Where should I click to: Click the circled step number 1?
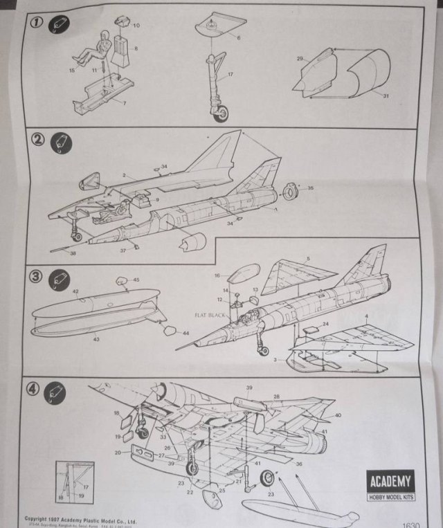(x=36, y=21)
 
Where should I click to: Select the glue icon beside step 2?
(x=61, y=143)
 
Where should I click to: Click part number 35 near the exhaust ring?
(x=310, y=188)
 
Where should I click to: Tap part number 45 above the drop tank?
(x=136, y=280)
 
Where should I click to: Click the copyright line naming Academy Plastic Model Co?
(x=80, y=518)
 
